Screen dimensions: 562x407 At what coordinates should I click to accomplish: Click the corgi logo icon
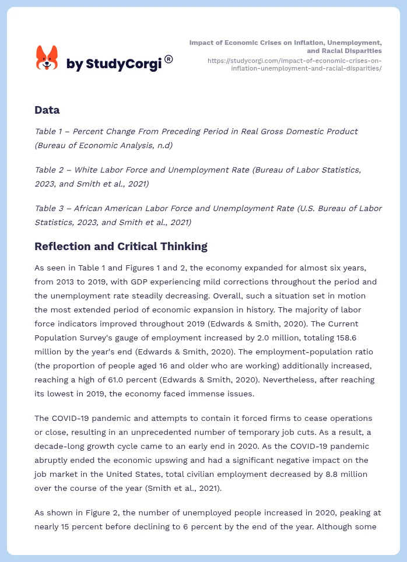pyautogui.click(x=47, y=58)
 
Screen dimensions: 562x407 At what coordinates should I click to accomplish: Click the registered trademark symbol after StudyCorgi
pyautogui.click(x=169, y=59)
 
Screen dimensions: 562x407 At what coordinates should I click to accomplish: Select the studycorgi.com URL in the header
pyautogui.click(x=294, y=64)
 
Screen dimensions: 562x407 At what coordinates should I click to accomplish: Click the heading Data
pyautogui.click(x=47, y=110)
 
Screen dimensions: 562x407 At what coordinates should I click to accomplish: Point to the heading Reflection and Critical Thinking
pyautogui.click(x=121, y=246)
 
